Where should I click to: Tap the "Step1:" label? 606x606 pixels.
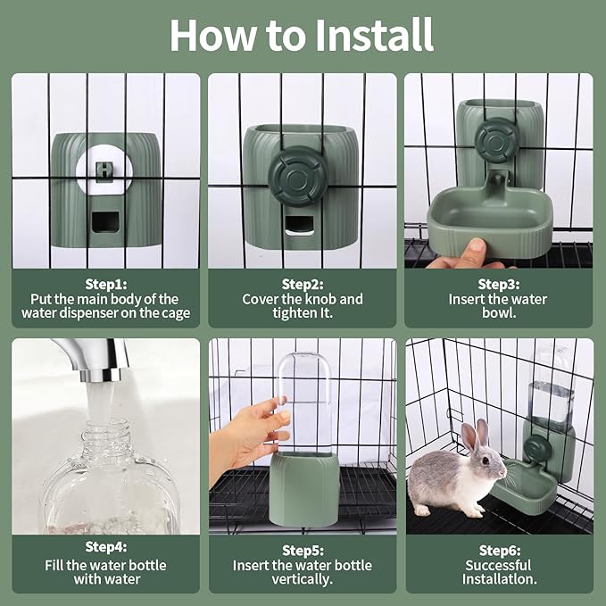pos(105,283)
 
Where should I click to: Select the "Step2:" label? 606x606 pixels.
pos(303,283)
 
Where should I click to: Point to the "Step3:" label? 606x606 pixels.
pos(498,283)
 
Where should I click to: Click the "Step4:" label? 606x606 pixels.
pos(105,550)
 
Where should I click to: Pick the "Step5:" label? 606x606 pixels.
pos(303,550)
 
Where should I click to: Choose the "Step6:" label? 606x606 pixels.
pos(498,550)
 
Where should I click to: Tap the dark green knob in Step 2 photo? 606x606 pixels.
pos(298,176)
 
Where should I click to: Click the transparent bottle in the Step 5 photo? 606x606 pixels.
pos(304,402)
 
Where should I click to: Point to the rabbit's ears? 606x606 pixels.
pos(475,434)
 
